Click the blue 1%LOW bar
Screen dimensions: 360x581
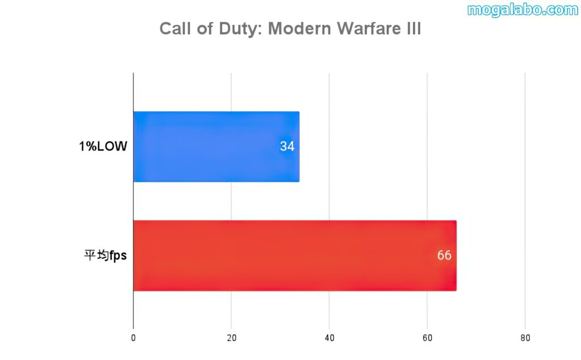tap(216, 146)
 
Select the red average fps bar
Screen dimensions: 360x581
tap(294, 256)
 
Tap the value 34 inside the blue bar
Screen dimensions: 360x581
tap(287, 146)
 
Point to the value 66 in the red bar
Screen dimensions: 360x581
tap(444, 256)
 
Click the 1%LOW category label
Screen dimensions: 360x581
tap(103, 146)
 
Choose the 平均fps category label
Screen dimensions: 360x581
tap(105, 256)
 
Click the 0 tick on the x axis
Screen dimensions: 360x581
tap(133, 338)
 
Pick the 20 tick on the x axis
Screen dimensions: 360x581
tap(231, 338)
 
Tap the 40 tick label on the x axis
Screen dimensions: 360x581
tap(329, 338)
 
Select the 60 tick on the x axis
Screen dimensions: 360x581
tap(427, 338)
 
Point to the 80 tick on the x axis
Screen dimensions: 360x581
tap(525, 338)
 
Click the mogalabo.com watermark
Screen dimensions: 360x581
tap(522, 10)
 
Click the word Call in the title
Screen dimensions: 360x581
tap(174, 28)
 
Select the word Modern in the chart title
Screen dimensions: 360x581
tap(299, 28)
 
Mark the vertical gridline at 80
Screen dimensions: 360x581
tap(525, 199)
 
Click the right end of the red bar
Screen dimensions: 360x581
tap(455, 256)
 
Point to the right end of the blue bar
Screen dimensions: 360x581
tap(298, 146)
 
